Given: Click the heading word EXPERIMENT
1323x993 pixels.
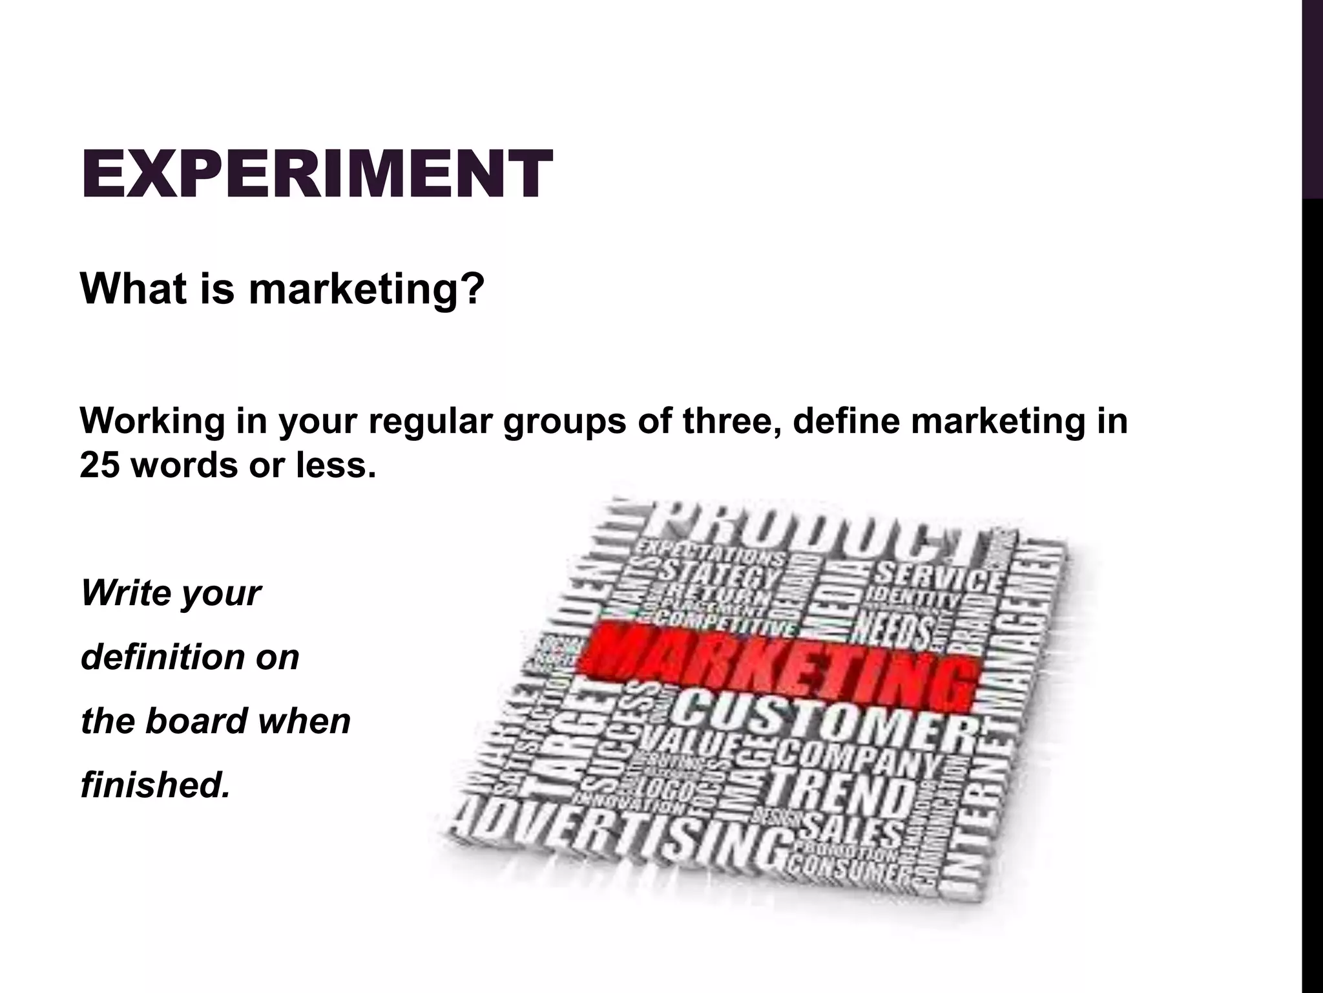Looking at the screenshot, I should point(317,173).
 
